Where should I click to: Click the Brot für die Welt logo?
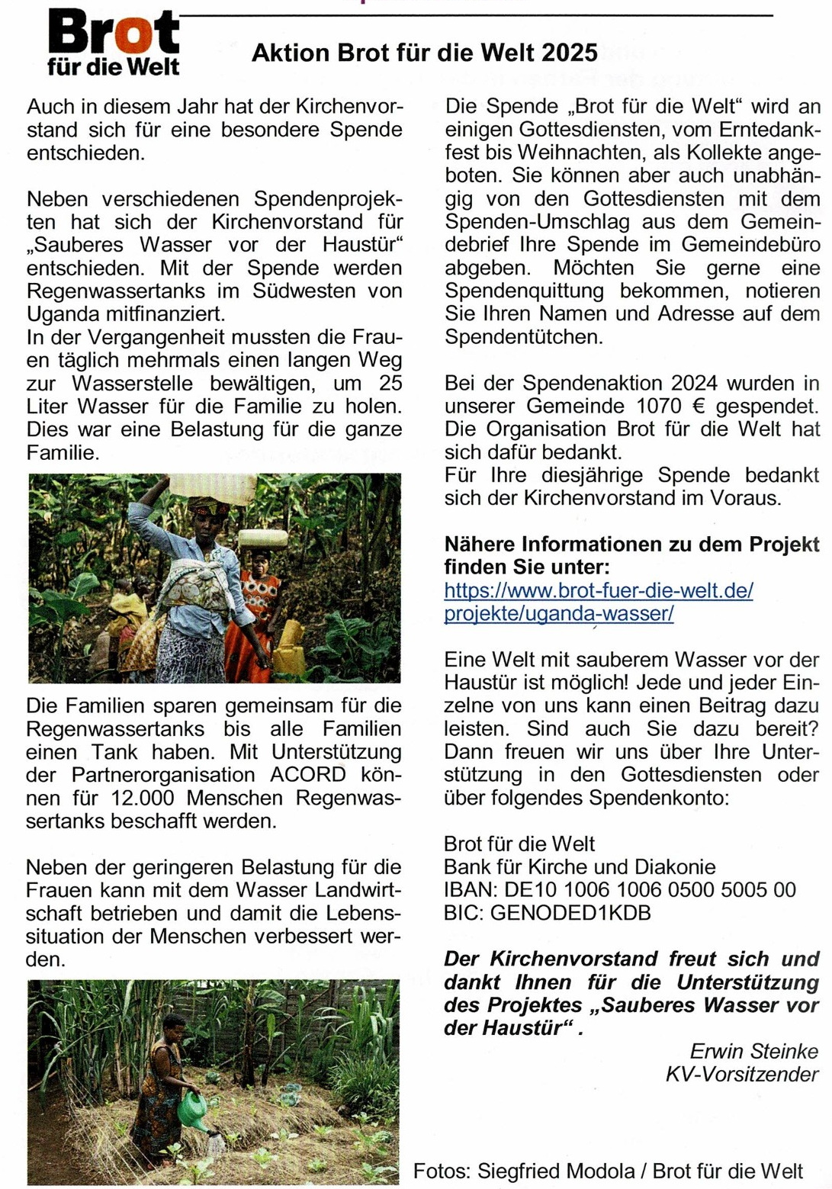(x=113, y=43)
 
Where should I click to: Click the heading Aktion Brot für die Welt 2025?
(x=424, y=53)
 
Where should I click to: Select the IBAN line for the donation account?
(x=619, y=889)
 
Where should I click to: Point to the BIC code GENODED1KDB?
(x=570, y=912)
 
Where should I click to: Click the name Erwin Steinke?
(x=753, y=1051)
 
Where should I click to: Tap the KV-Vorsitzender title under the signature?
(x=741, y=1074)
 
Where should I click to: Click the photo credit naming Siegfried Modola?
(x=607, y=1171)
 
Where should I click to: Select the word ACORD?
(x=307, y=775)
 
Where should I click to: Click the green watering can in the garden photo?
(x=192, y=1107)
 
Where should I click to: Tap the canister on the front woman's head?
(x=213, y=488)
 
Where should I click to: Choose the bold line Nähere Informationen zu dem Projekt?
(x=631, y=545)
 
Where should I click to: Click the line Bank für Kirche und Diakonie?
(x=580, y=866)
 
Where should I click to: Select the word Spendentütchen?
(x=523, y=336)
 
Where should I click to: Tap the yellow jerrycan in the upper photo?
(x=290, y=648)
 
